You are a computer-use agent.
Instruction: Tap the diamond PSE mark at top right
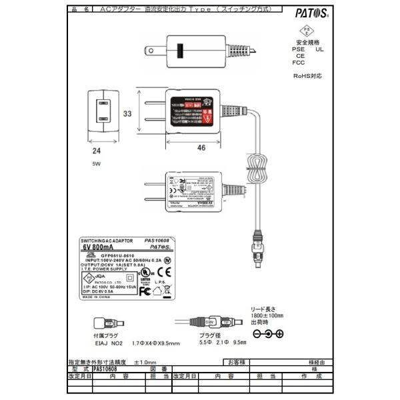pyautogui.click(x=307, y=32)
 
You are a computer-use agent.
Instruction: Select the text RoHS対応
pyautogui.click(x=307, y=76)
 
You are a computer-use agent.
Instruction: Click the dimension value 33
pyautogui.click(x=127, y=114)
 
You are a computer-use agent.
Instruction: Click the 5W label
pyautogui.click(x=97, y=163)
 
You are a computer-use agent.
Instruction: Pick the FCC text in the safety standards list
pyautogui.click(x=298, y=63)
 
